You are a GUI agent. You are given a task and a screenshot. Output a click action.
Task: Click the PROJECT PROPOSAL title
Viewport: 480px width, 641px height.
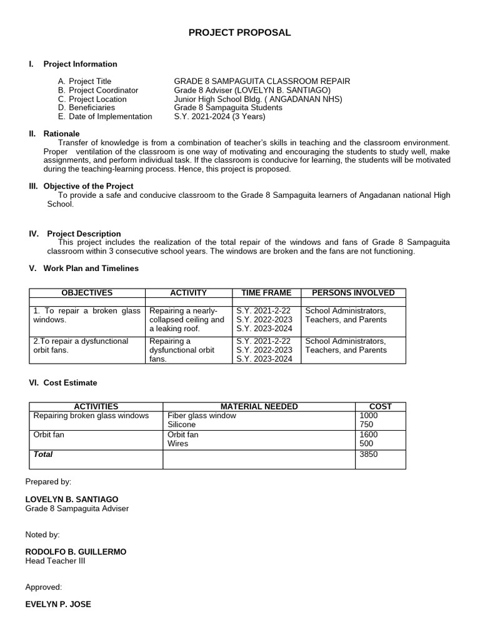coord(239,33)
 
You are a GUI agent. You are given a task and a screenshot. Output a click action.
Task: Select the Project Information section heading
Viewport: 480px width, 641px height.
coord(80,64)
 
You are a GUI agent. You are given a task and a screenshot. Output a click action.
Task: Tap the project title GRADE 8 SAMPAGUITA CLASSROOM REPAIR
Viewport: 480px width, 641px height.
coord(261,81)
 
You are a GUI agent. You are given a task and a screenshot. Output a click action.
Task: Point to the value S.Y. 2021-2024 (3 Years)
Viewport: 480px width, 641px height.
coord(219,116)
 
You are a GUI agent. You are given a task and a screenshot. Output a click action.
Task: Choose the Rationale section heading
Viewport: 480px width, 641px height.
coord(61,133)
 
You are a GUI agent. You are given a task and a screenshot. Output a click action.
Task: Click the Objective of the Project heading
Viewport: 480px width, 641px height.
coord(88,186)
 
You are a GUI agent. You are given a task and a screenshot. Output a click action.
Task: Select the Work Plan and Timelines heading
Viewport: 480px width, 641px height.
coord(91,268)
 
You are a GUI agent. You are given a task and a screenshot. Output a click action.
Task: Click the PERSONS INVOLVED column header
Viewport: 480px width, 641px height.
coord(353,292)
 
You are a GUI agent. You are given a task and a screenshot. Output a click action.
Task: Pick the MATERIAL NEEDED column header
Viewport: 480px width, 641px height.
coord(259,406)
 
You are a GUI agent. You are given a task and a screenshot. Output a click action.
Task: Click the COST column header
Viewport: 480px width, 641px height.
coord(381,406)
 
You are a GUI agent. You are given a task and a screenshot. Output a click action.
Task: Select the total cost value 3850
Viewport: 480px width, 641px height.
coord(369,454)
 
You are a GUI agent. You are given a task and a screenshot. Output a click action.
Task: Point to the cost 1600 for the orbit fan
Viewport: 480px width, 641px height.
coord(369,434)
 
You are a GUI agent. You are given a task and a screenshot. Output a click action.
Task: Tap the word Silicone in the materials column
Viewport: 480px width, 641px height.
coord(182,424)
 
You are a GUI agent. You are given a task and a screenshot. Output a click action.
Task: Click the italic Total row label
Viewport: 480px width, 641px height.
coord(43,454)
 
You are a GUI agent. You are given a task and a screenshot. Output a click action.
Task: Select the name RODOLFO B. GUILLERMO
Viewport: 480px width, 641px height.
coord(76,551)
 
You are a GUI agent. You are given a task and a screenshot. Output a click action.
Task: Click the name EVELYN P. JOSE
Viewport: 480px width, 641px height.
coord(58,604)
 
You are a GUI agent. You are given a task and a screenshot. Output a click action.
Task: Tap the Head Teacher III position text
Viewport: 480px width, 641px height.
coord(55,561)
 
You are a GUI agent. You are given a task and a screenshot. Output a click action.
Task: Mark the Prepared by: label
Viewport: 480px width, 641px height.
coord(48,481)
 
